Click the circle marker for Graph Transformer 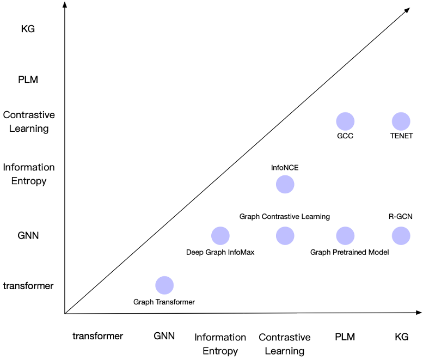point(164,285)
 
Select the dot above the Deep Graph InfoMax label point(220,236)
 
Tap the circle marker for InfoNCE point(285,184)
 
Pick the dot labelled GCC point(345,121)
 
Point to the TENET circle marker point(401,121)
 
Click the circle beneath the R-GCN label point(401,236)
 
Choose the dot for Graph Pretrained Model point(345,236)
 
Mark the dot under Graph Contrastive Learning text point(285,236)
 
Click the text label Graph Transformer point(164,302)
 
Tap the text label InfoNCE point(285,168)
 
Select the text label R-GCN point(400,216)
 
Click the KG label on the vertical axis point(28,29)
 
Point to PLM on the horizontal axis point(345,337)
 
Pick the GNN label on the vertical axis point(28,236)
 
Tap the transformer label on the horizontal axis point(97,336)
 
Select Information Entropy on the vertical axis point(29,174)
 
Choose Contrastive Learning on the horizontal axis point(285,344)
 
